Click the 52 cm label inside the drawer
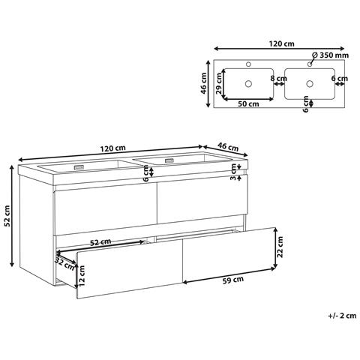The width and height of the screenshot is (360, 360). pos(100,242)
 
